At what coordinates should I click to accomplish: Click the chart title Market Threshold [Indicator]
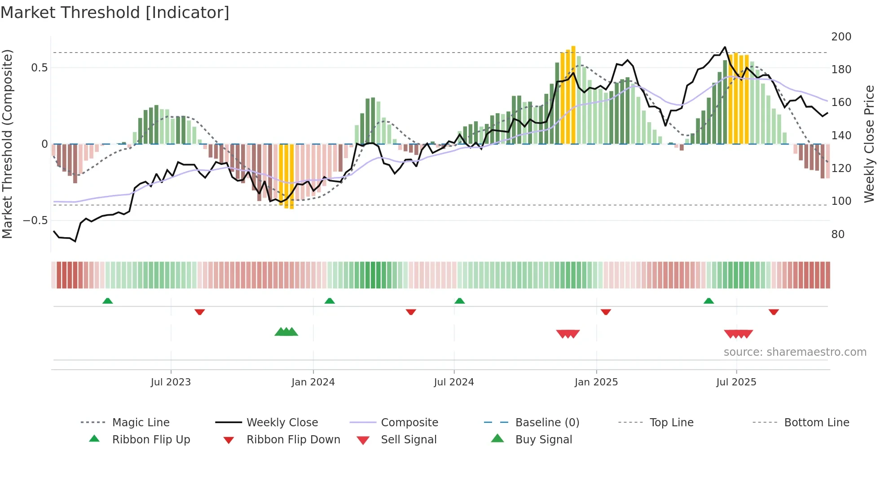[x=115, y=13]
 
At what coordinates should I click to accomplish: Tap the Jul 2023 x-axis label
[x=171, y=382]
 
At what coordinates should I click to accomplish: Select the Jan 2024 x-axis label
[x=313, y=382]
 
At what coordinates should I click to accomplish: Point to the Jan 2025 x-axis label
[x=596, y=382]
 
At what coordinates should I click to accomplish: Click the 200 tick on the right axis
[x=841, y=37]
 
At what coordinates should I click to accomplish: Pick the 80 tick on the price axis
[x=838, y=234]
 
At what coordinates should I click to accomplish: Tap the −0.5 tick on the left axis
[x=35, y=221]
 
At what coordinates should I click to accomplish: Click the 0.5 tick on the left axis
[x=39, y=68]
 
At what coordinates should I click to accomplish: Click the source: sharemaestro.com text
[x=795, y=352]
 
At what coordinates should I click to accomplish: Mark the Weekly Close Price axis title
[x=869, y=144]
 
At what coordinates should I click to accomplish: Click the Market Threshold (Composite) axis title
[x=7, y=144]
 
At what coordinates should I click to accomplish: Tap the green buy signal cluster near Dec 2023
[x=286, y=332]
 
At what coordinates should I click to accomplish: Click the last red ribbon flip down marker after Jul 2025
[x=773, y=312]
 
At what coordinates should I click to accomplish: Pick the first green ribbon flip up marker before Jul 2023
[x=107, y=301]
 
